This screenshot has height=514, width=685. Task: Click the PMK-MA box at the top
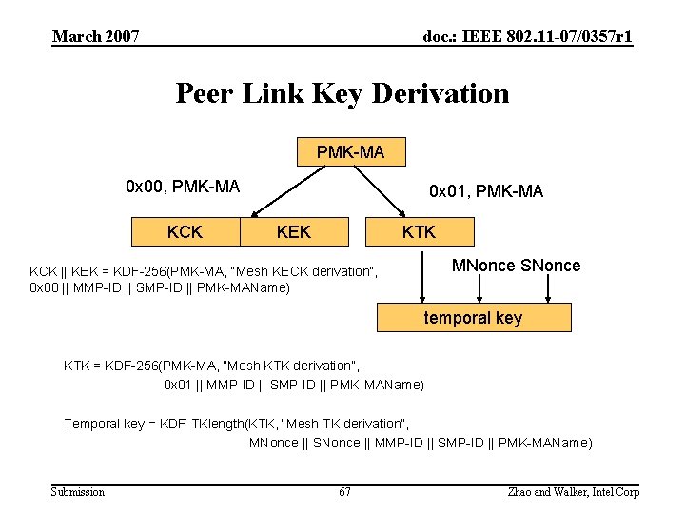[x=351, y=152]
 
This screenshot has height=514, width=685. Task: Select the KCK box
[x=184, y=231]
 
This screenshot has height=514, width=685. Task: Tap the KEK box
[x=293, y=231]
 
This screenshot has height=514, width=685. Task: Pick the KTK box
[x=419, y=231]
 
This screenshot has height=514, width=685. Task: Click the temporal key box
[x=474, y=318]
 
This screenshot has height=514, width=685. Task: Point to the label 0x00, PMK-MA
[x=183, y=187]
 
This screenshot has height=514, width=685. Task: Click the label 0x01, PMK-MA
[x=486, y=191]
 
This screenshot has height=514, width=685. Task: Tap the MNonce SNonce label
[x=516, y=266]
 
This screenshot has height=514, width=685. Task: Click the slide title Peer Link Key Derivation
[x=342, y=93]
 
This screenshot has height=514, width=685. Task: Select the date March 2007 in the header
[x=96, y=37]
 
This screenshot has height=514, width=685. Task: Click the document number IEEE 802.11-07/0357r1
[x=528, y=37]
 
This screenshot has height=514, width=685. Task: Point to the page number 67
[x=344, y=492]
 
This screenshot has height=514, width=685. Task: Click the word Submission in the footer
[x=78, y=492]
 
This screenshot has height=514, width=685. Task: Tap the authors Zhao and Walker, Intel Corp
[x=574, y=492]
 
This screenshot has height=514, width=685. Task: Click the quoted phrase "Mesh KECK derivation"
[x=306, y=271]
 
